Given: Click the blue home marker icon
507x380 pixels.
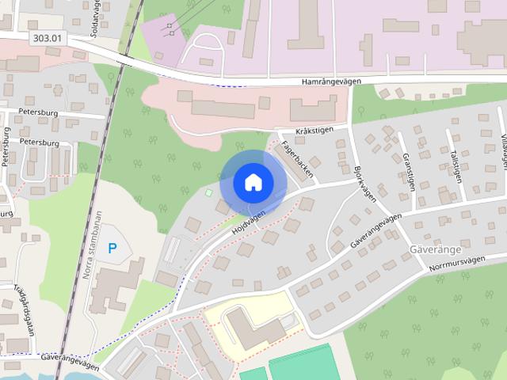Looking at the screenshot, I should click(x=253, y=182).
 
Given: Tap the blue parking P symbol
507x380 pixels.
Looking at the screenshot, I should click(x=112, y=248).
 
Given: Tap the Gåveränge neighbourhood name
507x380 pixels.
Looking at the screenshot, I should click(x=435, y=249).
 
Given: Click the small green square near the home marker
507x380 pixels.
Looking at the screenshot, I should click(x=209, y=192).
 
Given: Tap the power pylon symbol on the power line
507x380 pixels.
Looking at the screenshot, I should click(x=170, y=29).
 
